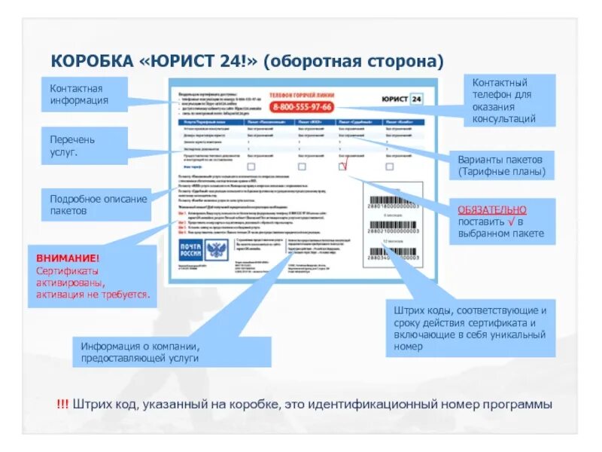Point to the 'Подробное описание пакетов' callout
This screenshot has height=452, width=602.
(98, 205)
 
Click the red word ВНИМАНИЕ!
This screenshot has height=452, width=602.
(68, 258)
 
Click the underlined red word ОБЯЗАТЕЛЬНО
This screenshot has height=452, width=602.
(492, 209)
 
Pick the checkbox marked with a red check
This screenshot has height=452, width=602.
(344, 166)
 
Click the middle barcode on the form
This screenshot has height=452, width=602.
(391, 227)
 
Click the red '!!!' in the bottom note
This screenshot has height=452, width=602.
(62, 404)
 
